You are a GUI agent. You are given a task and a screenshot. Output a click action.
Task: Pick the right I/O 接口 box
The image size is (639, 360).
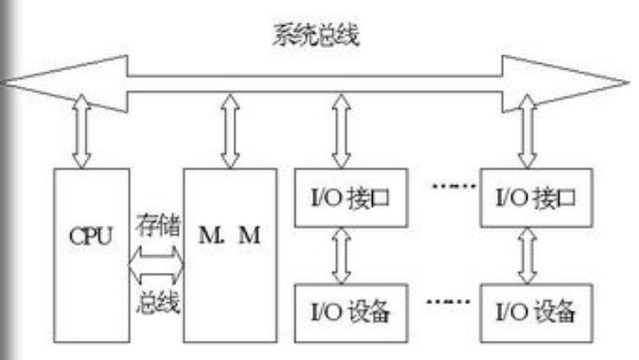[529, 199]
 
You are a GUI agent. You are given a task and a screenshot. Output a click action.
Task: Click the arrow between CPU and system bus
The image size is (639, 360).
[81, 131]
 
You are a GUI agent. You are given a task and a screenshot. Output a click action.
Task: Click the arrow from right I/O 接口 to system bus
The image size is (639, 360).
[526, 131]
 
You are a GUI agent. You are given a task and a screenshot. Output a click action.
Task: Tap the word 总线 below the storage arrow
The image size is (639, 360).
[157, 301]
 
